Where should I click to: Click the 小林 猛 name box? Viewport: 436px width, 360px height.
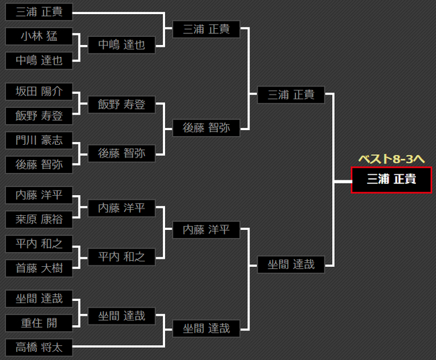[x=39, y=37]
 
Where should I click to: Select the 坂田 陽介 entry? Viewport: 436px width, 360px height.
[x=39, y=92]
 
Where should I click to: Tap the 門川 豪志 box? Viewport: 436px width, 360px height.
[x=39, y=141]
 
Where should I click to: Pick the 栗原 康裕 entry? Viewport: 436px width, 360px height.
[x=39, y=219]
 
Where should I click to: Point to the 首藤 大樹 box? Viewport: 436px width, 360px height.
[x=39, y=268]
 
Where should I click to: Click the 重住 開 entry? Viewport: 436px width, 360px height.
[x=39, y=323]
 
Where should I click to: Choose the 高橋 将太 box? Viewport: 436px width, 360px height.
[x=39, y=347]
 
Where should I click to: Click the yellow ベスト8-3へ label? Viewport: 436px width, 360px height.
[x=392, y=159]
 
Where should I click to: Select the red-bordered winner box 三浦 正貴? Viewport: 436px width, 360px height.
[x=391, y=180]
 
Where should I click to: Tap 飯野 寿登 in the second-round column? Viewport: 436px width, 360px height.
[x=121, y=104]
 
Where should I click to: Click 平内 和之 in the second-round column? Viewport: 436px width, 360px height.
[x=121, y=256]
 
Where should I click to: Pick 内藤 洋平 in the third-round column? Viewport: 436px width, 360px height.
[x=206, y=230]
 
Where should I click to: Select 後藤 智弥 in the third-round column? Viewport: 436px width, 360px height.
[x=206, y=127]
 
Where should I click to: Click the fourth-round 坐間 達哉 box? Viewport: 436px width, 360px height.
[x=291, y=265]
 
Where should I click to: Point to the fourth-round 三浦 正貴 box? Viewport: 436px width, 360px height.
[x=291, y=95]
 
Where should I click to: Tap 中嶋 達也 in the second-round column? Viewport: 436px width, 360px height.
[x=121, y=45]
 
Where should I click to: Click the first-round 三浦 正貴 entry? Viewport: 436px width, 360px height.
[x=39, y=12]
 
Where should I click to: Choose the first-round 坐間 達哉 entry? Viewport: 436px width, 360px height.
[x=39, y=299]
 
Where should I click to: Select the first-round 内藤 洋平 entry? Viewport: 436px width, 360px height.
[x=39, y=195]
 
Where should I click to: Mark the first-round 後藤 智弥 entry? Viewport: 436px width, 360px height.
[x=39, y=165]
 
